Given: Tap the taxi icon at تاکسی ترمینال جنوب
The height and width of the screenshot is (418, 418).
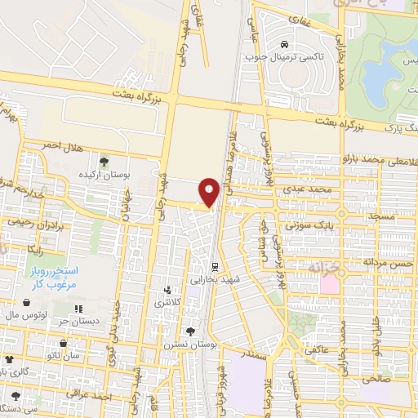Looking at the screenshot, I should coord(283,43).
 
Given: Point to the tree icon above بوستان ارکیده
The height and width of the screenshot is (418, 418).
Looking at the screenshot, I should coord(103,160).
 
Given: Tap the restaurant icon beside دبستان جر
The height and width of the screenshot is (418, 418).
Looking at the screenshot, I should coord(78,309).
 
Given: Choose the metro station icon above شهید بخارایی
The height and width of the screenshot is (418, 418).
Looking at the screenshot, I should coord(215,267).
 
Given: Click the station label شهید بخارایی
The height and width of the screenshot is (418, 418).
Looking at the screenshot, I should coord(215,279).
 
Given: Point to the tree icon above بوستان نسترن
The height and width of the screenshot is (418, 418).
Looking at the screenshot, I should coord(191,332).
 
